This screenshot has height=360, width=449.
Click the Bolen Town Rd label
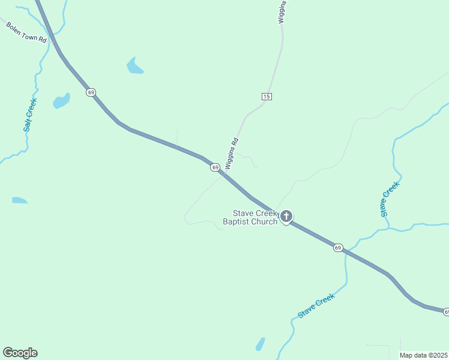point(26,32)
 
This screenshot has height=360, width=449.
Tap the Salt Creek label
point(30,115)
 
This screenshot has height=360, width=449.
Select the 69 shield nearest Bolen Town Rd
point(91,92)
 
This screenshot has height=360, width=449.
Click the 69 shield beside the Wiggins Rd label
point(215,167)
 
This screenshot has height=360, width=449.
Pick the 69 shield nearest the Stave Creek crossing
point(338,247)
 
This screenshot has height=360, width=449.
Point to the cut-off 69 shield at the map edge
point(446,312)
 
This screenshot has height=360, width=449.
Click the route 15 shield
point(267,96)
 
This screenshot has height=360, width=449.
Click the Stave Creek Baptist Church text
point(250,217)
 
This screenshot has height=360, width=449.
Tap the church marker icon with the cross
point(286,217)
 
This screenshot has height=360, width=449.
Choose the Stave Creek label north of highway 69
point(389,199)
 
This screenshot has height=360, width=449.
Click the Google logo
point(20,353)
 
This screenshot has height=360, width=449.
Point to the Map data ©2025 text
point(424,355)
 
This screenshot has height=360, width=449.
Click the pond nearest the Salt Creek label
point(61,101)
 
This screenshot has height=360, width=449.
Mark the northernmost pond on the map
point(134,66)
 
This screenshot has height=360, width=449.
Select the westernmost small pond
point(19,200)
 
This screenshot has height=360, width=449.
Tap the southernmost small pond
point(260,344)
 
